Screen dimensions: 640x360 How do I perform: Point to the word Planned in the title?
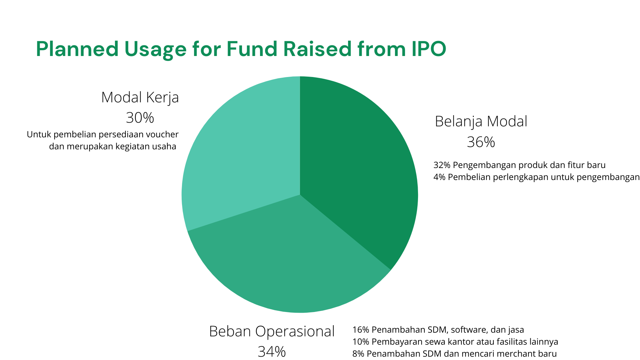point(77,49)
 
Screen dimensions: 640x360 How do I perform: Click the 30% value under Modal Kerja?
point(140,118)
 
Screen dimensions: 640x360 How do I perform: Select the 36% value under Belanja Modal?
point(481,142)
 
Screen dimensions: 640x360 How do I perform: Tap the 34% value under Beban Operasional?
point(272,352)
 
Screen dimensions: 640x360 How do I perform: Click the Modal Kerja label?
point(140,97)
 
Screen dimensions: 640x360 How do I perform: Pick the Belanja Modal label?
point(481,121)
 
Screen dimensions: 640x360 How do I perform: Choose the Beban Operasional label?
point(272,331)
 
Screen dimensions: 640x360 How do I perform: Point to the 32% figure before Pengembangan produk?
point(442,165)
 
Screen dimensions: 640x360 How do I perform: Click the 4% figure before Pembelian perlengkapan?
point(439,177)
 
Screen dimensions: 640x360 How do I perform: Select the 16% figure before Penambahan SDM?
point(361,330)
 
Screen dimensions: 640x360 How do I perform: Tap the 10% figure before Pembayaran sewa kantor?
point(361,342)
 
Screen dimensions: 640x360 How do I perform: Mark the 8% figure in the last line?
point(358,354)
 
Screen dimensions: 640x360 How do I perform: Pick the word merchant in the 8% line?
point(511,354)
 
